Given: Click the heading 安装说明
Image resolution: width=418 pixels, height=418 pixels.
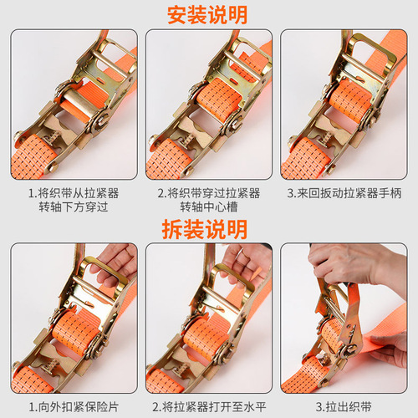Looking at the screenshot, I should (x=208, y=14).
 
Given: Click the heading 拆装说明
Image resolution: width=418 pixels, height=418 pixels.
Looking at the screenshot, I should (x=208, y=227).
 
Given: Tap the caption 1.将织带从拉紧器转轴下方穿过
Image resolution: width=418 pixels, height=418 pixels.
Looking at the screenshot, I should (x=74, y=200).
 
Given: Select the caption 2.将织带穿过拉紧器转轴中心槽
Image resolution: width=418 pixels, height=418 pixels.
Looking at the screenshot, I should (x=208, y=200).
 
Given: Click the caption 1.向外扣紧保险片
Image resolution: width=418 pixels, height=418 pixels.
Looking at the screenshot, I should (x=74, y=406).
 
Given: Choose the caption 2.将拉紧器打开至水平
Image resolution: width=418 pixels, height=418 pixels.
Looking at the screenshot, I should (x=208, y=406).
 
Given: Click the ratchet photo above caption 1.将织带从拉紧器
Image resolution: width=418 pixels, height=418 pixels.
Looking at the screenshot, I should (x=74, y=105).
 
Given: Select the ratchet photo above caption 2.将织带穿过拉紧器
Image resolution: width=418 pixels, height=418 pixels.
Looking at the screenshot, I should (x=208, y=105).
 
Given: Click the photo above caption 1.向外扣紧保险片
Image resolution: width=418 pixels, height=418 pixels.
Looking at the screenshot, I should (x=74, y=318).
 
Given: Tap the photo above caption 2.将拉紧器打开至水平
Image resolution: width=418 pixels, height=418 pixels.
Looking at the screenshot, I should (x=208, y=318).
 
